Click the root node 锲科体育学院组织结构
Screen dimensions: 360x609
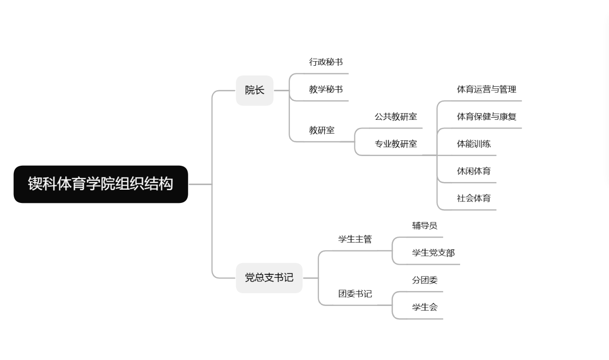point(100,184)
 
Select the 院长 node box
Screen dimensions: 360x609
point(255,90)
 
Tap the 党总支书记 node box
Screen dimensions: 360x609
point(269,278)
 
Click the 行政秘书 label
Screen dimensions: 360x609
point(325,62)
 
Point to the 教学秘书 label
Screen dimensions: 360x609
point(325,89)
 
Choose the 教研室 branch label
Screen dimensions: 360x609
point(321,130)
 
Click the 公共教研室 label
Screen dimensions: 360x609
point(395,117)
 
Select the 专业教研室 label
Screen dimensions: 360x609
point(395,144)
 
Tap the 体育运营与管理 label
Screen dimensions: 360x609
point(486,89)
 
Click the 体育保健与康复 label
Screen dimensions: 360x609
point(486,117)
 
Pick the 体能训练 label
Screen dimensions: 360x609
point(473,144)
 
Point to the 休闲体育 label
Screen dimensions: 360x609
point(473,171)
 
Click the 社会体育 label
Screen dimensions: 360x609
point(473,198)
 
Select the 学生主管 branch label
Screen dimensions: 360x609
point(355,239)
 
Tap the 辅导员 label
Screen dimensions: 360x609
point(424,225)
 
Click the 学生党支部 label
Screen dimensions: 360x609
point(433,252)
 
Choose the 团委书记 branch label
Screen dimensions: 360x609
point(355,294)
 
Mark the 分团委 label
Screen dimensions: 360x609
point(424,280)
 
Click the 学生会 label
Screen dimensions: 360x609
point(424,307)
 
